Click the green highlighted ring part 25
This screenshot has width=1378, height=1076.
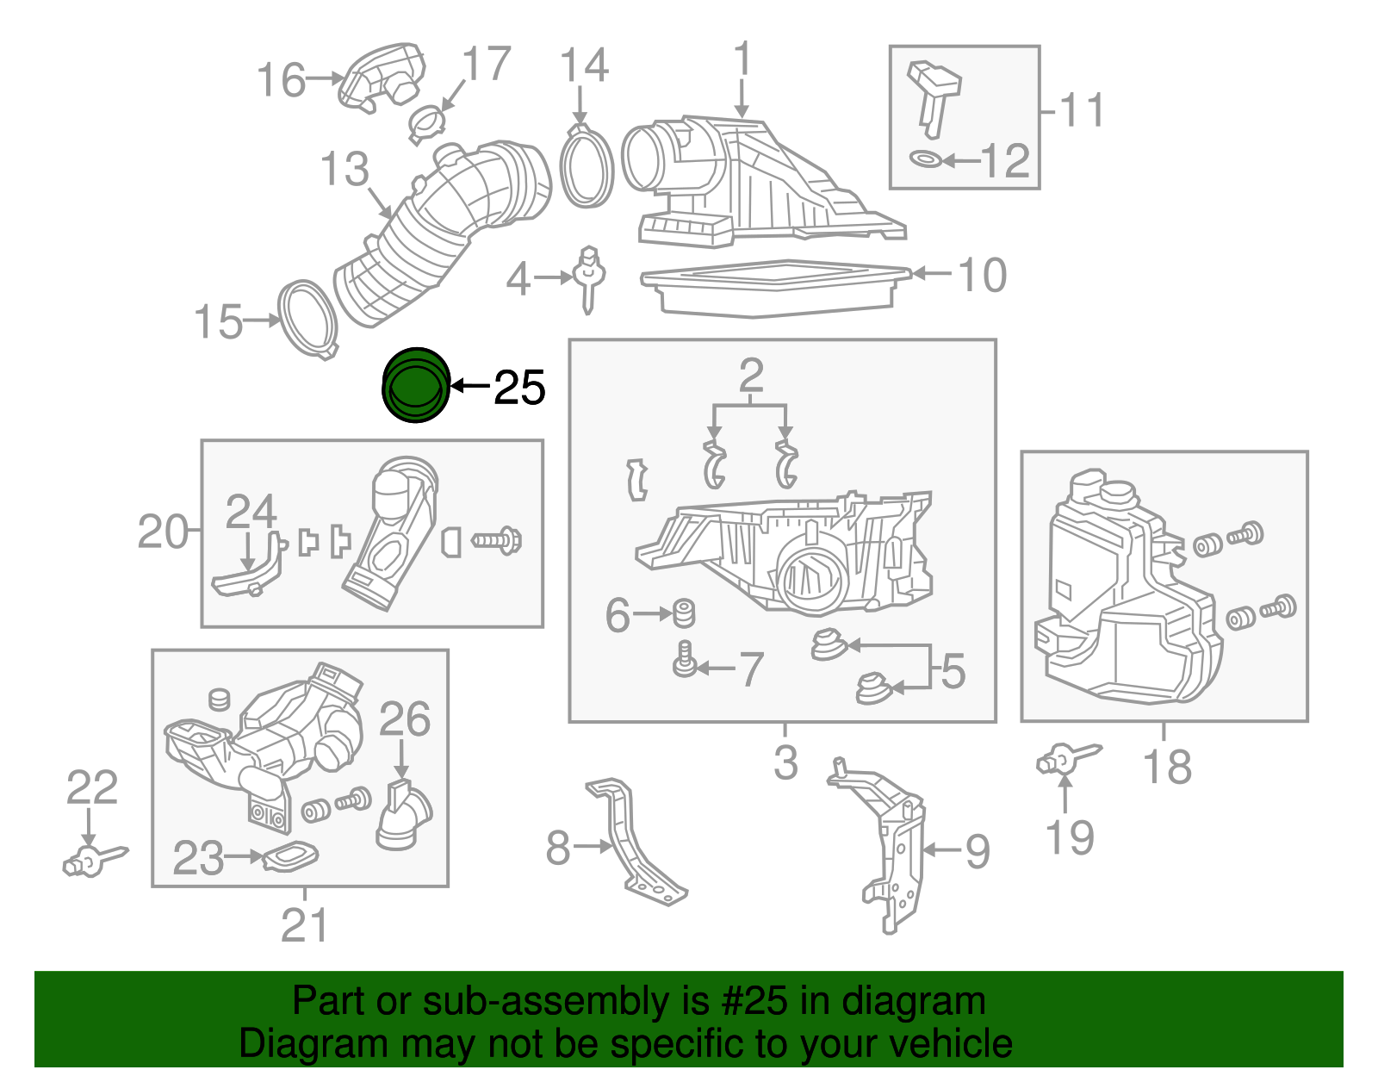point(415,386)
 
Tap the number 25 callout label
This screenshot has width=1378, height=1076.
point(519,387)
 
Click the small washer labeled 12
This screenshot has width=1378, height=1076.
point(926,159)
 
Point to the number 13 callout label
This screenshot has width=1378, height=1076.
point(344,170)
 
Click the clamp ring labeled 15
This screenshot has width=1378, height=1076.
point(307,318)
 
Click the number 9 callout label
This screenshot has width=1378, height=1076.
point(977,851)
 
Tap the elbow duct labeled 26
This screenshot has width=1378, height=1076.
point(403,816)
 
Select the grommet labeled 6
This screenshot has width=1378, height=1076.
point(685,613)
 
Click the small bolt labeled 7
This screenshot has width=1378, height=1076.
point(685,661)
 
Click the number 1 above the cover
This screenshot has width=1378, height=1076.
point(742,60)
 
